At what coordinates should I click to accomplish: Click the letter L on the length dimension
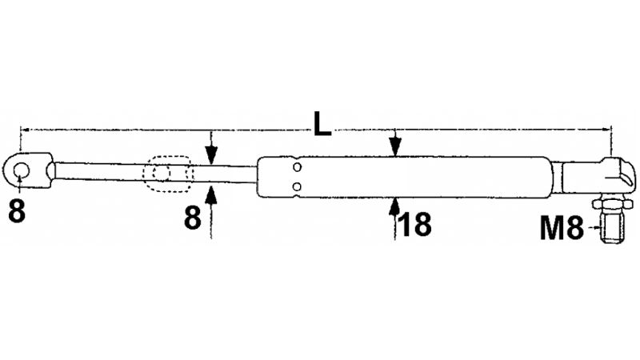[x=322, y=124]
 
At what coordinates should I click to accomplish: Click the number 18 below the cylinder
[x=414, y=224]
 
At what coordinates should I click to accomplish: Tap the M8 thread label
[x=562, y=228]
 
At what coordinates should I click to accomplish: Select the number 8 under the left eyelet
[x=17, y=210]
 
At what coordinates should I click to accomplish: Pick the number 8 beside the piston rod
[x=193, y=218]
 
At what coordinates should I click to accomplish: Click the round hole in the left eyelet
[x=21, y=170]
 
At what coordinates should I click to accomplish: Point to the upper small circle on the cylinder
[x=297, y=167]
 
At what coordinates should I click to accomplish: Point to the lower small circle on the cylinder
[x=297, y=186]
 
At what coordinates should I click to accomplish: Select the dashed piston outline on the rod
[x=167, y=174]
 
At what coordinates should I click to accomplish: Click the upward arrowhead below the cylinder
[x=394, y=207]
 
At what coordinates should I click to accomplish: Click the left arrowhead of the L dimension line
[x=25, y=130]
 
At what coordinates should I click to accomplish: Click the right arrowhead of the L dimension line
[x=606, y=130]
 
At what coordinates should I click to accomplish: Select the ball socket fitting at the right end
[x=598, y=176]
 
